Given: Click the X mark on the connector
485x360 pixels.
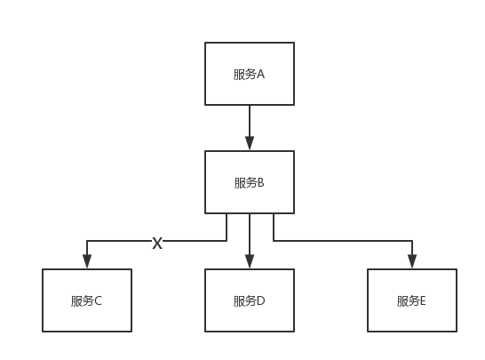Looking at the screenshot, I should [157, 242].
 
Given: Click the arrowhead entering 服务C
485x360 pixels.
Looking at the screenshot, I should [87, 261].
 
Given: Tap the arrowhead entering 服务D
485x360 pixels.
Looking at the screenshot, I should [250, 261].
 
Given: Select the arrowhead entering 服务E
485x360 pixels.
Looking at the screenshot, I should [412, 261].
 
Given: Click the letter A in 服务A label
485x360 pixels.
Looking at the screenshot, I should [261, 75].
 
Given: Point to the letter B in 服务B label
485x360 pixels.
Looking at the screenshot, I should [261, 183].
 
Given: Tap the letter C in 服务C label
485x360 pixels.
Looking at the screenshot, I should [98, 300].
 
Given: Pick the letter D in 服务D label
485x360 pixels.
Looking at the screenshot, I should [261, 300].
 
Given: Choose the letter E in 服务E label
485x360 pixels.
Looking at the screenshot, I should [423, 300].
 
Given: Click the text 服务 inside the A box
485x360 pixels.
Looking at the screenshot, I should [244, 75].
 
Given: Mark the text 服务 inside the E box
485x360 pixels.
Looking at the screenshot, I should [407, 300].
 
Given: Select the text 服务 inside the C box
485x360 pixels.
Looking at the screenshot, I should [82, 300].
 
